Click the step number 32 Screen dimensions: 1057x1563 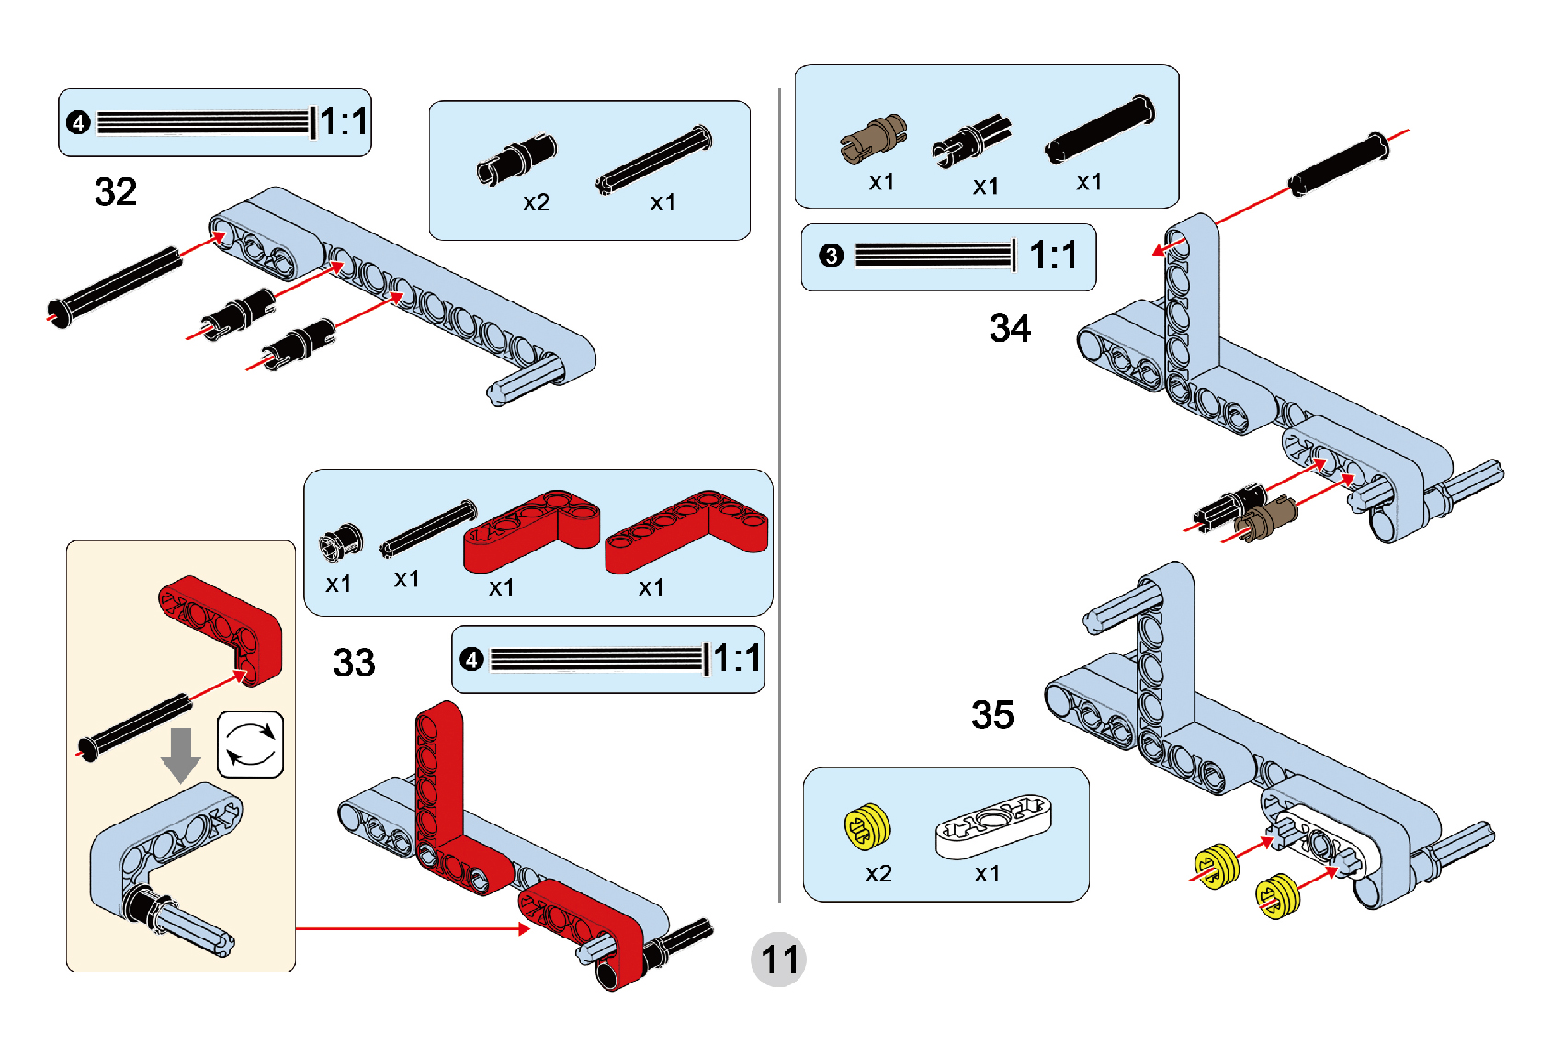coord(116,192)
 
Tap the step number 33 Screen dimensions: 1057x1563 coord(354,663)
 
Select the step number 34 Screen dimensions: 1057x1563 coord(1010,328)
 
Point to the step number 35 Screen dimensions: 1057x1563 coord(992,715)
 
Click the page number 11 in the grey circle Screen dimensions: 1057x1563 coord(779,960)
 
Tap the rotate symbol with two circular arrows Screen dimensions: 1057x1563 coord(251,744)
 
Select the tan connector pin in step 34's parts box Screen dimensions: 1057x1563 coord(873,139)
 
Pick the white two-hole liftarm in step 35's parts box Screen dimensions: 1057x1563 coord(993,824)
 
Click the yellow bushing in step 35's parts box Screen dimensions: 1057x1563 coord(867,826)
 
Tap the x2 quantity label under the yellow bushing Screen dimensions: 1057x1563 coord(878,873)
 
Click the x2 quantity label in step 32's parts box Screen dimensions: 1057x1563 coord(537,202)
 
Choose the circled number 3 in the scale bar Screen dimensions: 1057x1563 coord(832,256)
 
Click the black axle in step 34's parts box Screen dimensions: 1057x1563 coord(1100,129)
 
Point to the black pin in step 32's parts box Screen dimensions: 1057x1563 coord(516,157)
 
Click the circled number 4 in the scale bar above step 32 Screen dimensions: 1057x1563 coord(79,122)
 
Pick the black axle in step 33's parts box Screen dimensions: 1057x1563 coord(428,528)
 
